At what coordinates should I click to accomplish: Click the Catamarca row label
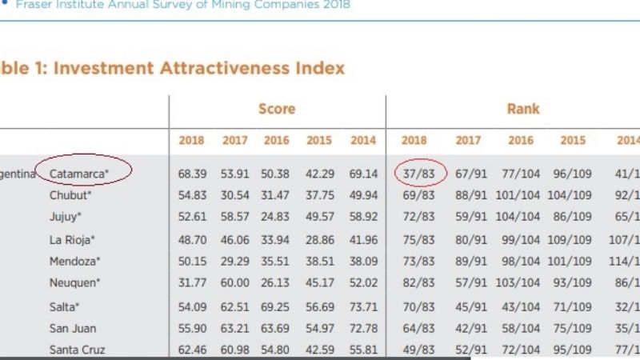point(78,173)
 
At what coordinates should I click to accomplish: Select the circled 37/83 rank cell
point(414,173)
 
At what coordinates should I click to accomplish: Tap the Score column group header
point(277,109)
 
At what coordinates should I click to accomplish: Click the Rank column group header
point(523,109)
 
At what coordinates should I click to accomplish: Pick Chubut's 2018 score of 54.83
point(191,195)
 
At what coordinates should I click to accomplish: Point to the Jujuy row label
point(66,217)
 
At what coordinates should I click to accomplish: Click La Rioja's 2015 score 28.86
point(320,239)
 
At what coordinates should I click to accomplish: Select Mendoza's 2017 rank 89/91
point(468,261)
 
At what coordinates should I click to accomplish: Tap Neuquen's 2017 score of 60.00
point(234,283)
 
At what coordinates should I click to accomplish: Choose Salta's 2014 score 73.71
point(363,306)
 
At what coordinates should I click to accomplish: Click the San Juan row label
point(73,328)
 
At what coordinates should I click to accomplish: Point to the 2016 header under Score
point(277,141)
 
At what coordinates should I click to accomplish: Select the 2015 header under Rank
point(573,141)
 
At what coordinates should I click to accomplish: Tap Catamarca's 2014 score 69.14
point(363,173)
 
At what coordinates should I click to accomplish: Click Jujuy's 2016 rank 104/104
point(520,217)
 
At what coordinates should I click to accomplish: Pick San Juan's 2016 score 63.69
point(277,328)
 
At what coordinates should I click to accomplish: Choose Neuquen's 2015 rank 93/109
point(573,283)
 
